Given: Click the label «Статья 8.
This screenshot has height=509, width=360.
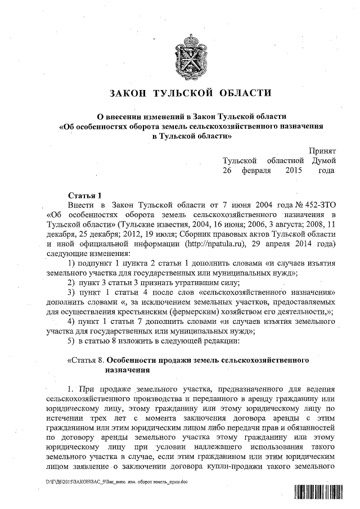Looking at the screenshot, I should tap(85, 362).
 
